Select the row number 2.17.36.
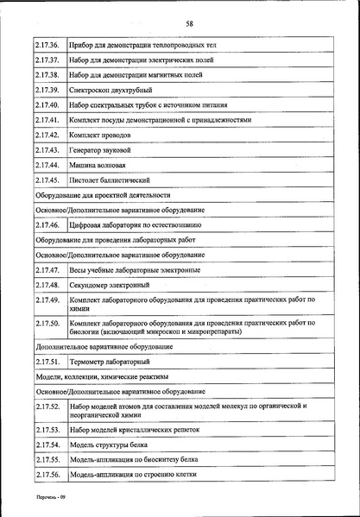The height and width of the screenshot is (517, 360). click(47, 44)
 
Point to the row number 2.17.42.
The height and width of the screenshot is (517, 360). click(47, 136)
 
